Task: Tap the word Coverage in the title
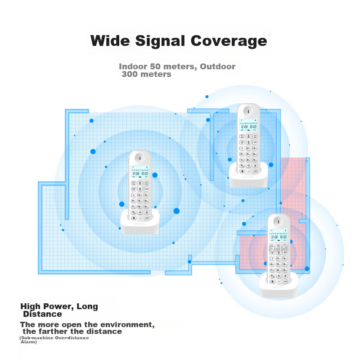[x=229, y=41]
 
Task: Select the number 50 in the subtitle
[x=157, y=67]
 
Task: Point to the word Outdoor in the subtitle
[x=218, y=67]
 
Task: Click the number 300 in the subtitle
[x=130, y=74]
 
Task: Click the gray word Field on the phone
[x=278, y=249]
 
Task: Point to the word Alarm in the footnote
[x=29, y=342]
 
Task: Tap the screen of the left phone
[x=139, y=174]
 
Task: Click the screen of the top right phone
[x=248, y=127]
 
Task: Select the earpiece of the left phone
[x=140, y=157]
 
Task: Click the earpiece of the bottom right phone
[x=278, y=220]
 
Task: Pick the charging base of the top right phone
[x=248, y=178]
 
